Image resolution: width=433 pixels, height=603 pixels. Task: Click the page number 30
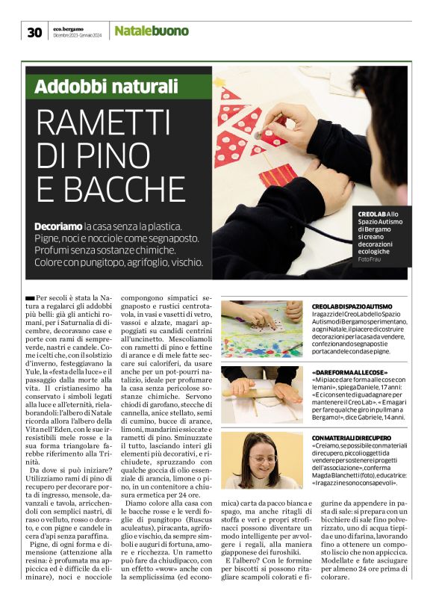coord(34,31)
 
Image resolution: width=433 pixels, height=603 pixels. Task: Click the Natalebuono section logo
coord(152,31)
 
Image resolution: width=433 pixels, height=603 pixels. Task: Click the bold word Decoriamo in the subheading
coord(58,226)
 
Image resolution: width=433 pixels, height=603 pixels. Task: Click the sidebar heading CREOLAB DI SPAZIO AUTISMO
coord(352,306)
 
